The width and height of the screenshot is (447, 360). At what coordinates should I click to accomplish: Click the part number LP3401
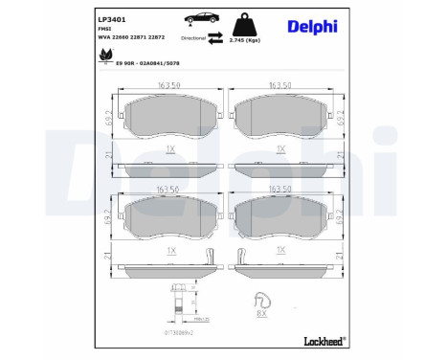coord(111,17)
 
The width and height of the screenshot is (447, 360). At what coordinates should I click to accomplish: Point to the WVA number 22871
coord(142,38)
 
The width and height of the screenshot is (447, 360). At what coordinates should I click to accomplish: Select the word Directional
coord(193,38)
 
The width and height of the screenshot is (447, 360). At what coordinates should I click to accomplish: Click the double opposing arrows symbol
coord(216,37)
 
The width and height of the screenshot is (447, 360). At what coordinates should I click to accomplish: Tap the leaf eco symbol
coord(103,58)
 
